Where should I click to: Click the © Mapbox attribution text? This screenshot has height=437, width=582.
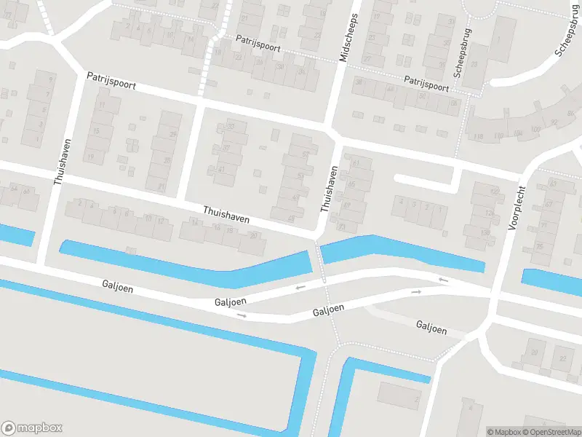[503, 433]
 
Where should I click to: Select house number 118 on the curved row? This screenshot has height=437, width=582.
[478, 137]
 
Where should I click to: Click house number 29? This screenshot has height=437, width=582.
[173, 135]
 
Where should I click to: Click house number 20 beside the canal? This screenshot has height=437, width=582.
[252, 235]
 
